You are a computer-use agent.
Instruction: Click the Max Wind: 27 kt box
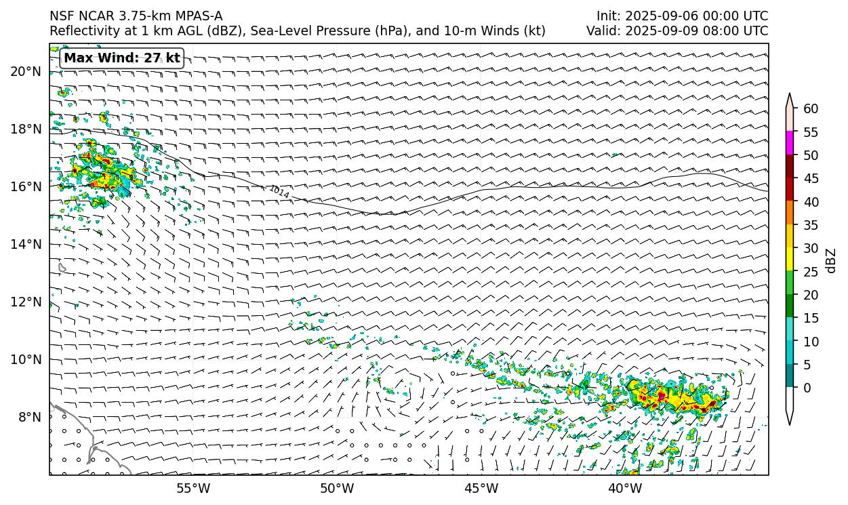[x=122, y=58]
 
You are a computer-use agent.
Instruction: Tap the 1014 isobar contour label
[x=279, y=192]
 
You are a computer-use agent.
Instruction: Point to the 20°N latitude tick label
[x=26, y=71]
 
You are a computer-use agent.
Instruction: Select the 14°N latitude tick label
[x=26, y=244]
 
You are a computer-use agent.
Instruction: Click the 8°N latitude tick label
[x=28, y=417]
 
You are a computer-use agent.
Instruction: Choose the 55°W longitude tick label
[x=193, y=488]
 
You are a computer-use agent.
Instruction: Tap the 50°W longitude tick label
[x=337, y=488]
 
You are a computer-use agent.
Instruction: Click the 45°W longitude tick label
[x=481, y=488]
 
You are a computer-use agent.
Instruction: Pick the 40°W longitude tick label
[x=625, y=488]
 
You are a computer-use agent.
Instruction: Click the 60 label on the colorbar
[x=810, y=108]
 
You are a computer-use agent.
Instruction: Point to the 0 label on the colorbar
[x=807, y=388]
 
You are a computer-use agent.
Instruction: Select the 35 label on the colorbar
[x=810, y=225]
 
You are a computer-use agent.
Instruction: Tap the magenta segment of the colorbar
[x=790, y=143]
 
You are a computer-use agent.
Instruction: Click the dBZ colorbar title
[x=831, y=261]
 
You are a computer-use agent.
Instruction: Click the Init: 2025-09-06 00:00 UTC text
[x=682, y=16]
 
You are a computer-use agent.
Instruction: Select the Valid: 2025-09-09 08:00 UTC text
[x=677, y=31]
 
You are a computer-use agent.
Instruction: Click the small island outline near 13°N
[x=62, y=268]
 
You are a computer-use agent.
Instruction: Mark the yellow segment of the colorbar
[x=790, y=260]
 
